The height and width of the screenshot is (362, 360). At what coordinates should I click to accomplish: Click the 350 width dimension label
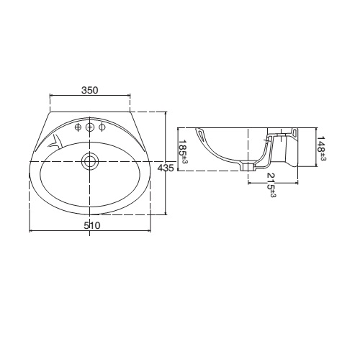(89, 91)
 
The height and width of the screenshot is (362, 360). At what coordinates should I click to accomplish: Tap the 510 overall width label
(91, 225)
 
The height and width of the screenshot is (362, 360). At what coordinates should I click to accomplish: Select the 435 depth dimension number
(165, 168)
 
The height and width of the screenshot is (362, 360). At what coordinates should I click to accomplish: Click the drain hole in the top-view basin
(90, 160)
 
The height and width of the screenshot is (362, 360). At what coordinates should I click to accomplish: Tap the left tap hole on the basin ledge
(78, 128)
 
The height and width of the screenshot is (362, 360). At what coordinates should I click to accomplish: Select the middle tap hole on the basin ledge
(90, 128)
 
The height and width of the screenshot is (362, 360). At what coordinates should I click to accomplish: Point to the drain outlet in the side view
(248, 167)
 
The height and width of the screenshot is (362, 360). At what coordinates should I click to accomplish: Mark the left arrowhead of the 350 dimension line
(50, 97)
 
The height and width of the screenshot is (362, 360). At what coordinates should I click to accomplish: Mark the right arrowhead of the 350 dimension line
(130, 97)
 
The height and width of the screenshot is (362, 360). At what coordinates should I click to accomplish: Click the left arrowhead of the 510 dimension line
(30, 231)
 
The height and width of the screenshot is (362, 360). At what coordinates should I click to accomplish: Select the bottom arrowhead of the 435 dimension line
(167, 213)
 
